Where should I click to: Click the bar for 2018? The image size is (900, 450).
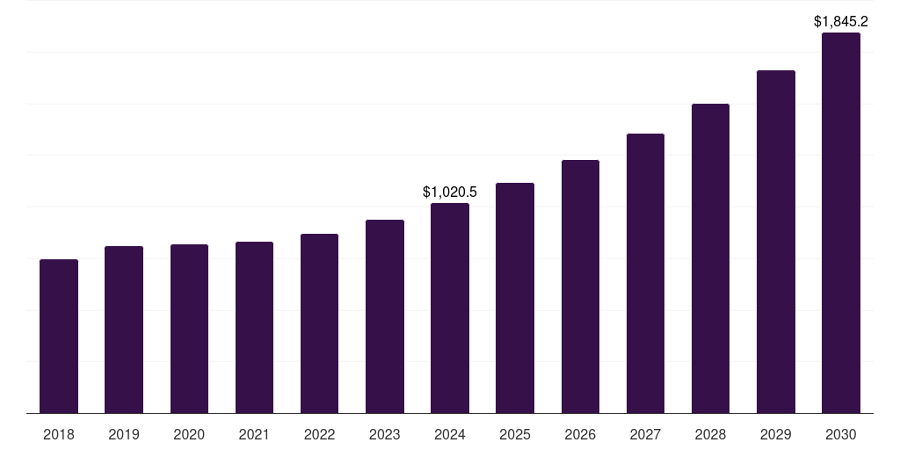59,336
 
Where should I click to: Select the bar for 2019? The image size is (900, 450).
124,330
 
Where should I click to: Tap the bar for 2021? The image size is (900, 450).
254,327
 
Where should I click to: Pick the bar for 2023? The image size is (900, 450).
385,316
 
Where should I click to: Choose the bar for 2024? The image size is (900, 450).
450,308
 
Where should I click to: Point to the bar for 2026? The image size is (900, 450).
580,287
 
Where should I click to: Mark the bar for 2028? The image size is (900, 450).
710,258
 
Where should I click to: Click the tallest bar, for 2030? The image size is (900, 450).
841,223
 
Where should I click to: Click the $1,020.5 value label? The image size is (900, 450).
450,192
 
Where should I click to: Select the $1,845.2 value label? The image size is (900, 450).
841,21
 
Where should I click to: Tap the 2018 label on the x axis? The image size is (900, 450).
59,434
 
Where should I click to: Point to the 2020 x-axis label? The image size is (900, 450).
189,434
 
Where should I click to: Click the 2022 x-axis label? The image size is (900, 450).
319,434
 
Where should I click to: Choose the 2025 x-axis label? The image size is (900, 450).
515,434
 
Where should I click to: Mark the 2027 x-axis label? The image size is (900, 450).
645,434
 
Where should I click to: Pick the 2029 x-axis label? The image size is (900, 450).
776,434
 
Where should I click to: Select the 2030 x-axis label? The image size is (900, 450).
841,434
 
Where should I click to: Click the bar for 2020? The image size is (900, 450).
189,329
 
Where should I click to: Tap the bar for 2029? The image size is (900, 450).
776,242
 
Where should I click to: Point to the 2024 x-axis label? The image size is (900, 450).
450,434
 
